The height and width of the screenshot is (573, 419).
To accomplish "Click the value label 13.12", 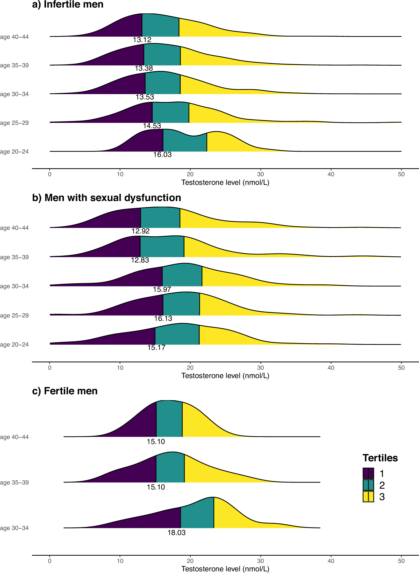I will pyautogui.click(x=142, y=40).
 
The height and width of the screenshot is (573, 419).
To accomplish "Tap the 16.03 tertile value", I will pyautogui.click(x=162, y=155).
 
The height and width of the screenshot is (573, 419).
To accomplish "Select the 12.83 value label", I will pyautogui.click(x=140, y=260).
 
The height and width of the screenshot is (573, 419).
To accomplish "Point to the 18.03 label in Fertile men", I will pyautogui.click(x=176, y=533).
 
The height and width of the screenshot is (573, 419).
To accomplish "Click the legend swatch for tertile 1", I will pyautogui.click(x=368, y=474).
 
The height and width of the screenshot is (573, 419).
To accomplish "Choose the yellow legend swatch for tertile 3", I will pyautogui.click(x=368, y=497).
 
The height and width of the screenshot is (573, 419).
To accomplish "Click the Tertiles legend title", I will pyautogui.click(x=380, y=458).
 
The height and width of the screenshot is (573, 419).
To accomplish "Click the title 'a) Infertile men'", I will pyautogui.click(x=68, y=4).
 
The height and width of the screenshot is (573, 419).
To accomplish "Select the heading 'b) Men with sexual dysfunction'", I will pyautogui.click(x=107, y=198).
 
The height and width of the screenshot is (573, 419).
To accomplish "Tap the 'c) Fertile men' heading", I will pyautogui.click(x=65, y=391).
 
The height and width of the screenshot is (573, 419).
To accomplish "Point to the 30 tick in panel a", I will pyautogui.click(x=260, y=174).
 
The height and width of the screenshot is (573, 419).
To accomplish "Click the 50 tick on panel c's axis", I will pyautogui.click(x=401, y=561).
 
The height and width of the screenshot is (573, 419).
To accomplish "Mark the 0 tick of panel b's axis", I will pyautogui.click(x=50, y=368).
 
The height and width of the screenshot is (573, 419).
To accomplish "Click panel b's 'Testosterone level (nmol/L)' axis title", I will pyautogui.click(x=225, y=376).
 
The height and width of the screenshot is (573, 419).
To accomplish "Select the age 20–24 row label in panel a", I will pyautogui.click(x=15, y=152).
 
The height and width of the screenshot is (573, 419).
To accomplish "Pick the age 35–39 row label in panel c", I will pyautogui.click(x=15, y=483).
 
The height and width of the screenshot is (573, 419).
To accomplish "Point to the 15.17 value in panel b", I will pyautogui.click(x=156, y=348).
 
